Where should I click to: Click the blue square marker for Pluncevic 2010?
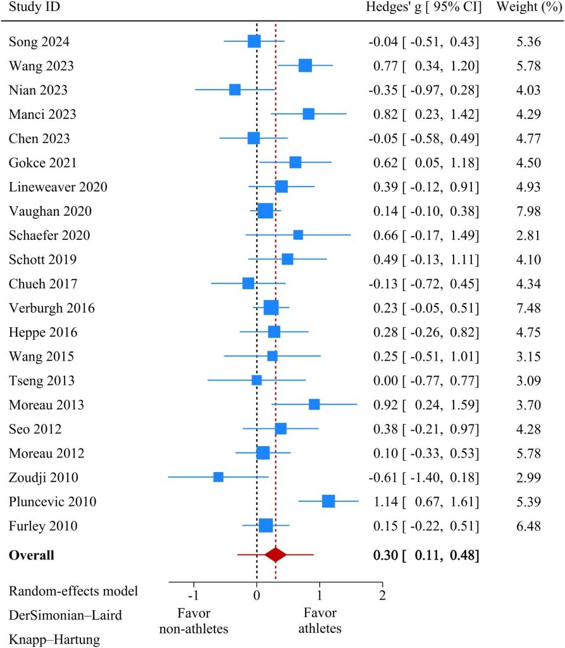(328, 501)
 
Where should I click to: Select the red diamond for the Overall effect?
(276, 555)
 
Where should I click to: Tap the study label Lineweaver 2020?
(58, 187)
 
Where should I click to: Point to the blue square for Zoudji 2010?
(218, 477)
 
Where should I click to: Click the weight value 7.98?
(528, 211)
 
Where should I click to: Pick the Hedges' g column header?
(424, 8)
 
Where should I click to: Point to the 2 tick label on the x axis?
(382, 595)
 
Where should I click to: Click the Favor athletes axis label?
(320, 621)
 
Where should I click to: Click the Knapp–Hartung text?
(55, 640)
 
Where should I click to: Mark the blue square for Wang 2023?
(305, 65)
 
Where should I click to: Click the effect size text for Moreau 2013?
(424, 404)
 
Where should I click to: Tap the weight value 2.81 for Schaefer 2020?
(528, 235)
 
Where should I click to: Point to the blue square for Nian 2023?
(235, 89)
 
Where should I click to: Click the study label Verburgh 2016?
(52, 308)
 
